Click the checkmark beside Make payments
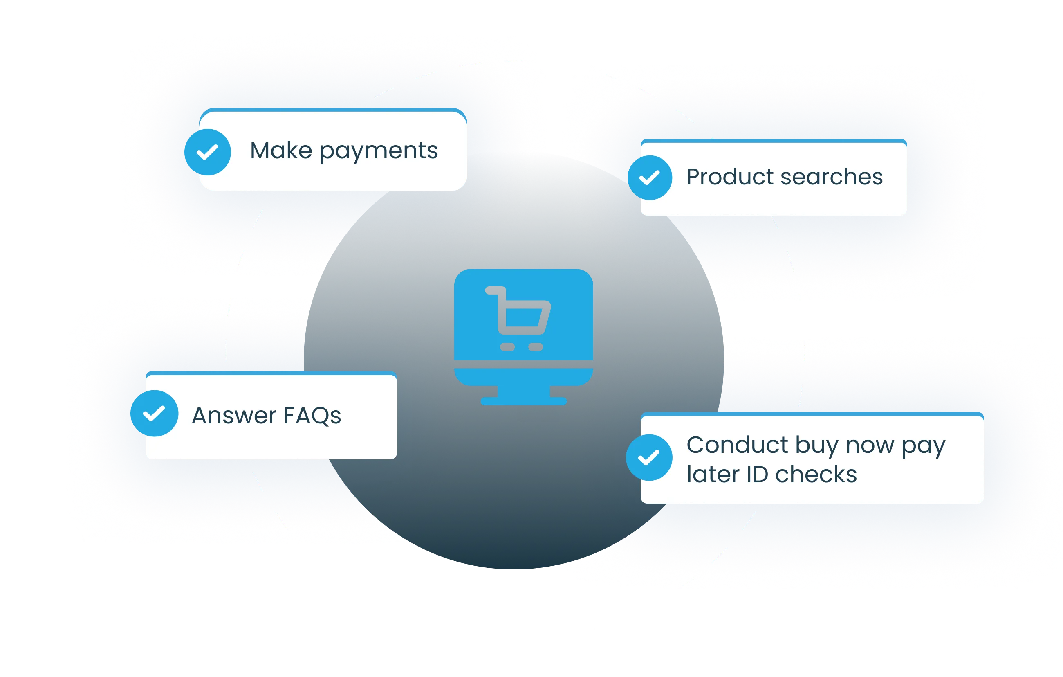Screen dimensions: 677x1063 [207, 152]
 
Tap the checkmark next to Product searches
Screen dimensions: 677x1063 [650, 178]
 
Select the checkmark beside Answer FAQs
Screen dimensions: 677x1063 [154, 413]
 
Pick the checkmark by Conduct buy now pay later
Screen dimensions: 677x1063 [649, 457]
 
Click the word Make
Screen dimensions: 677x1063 [281, 151]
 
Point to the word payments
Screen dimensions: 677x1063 [379, 151]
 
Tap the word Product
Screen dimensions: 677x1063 [730, 177]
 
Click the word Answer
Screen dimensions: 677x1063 [234, 416]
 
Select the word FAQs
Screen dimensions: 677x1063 [312, 416]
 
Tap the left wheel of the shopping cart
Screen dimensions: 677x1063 [507, 346]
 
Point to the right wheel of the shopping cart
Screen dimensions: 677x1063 [536, 346]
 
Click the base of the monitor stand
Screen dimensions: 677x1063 [524, 401]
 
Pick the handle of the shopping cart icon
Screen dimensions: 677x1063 [493, 290]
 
